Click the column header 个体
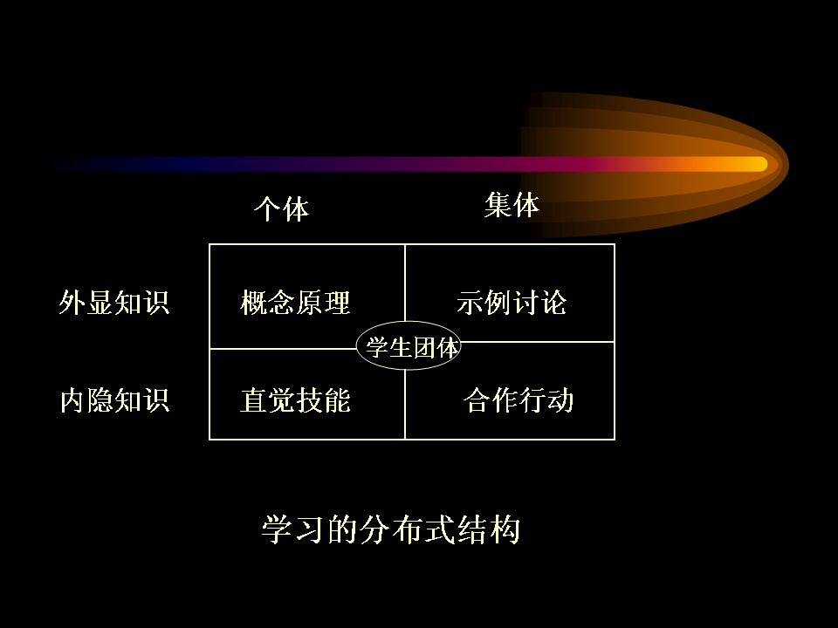(x=282, y=208)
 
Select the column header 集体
(x=512, y=205)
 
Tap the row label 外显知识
(x=114, y=303)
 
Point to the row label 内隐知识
(x=114, y=400)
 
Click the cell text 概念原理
(x=296, y=303)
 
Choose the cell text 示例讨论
(x=512, y=303)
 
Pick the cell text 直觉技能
(x=296, y=400)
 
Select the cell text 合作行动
(x=519, y=400)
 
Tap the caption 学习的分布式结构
(x=391, y=529)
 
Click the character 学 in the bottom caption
(x=277, y=529)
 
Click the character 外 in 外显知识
(x=72, y=303)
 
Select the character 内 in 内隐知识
(x=72, y=400)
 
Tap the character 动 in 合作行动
(x=560, y=400)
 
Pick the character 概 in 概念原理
(x=254, y=303)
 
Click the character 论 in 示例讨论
(x=553, y=303)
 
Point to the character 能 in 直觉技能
(x=337, y=400)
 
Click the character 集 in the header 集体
(x=498, y=205)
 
